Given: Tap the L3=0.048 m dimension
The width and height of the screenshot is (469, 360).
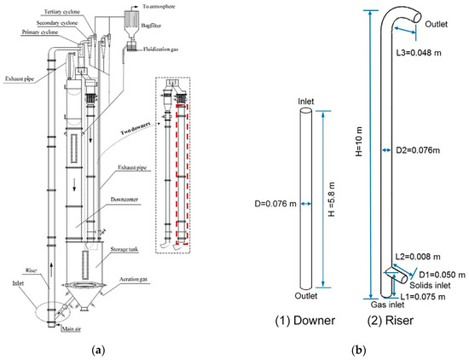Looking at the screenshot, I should point(423,51).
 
